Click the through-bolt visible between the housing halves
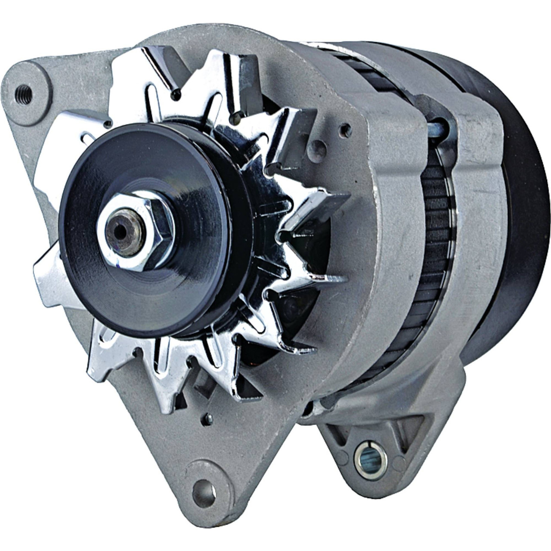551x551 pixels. click(439, 126)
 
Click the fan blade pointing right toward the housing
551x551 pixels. click(319, 207)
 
